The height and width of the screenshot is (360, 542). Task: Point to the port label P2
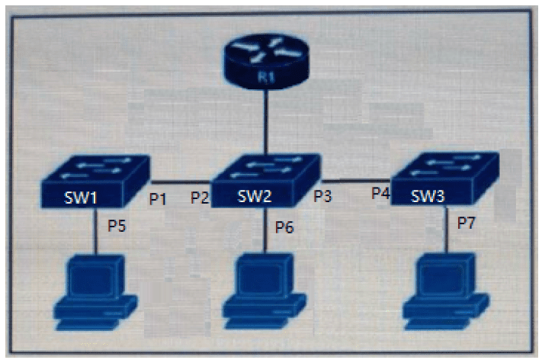pyautogui.click(x=200, y=198)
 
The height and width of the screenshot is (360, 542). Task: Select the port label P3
pyautogui.click(x=322, y=196)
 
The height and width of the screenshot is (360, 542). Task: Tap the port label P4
pyautogui.click(x=381, y=193)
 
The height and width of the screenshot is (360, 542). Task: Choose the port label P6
pyautogui.click(x=284, y=227)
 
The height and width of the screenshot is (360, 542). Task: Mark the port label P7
pyautogui.click(x=467, y=223)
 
